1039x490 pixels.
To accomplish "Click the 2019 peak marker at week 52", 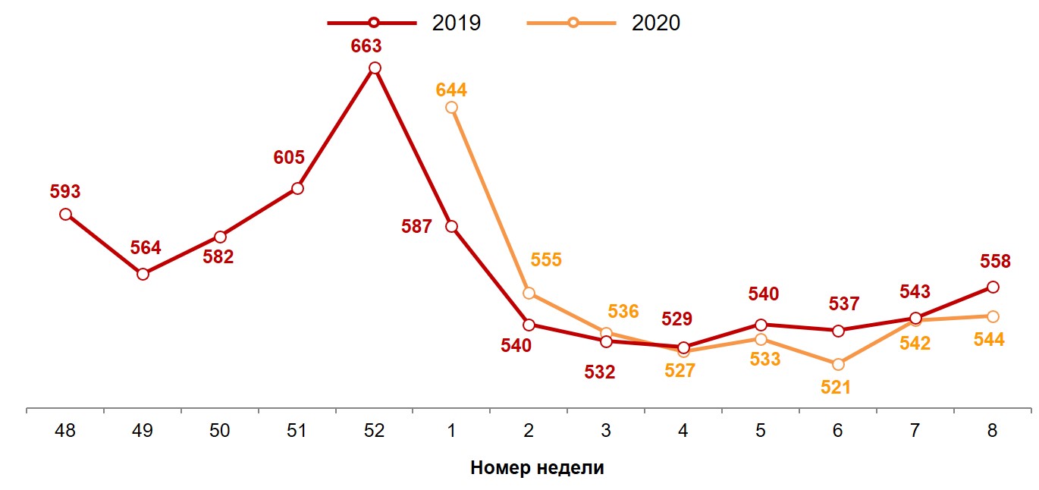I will pyautogui.click(x=374, y=68).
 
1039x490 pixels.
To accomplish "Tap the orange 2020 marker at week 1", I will pyautogui.click(x=451, y=108).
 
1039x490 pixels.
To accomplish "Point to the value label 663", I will pyautogui.click(x=366, y=46).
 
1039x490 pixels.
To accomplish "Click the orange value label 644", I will pyautogui.click(x=451, y=90).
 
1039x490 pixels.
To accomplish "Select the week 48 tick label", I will pyautogui.click(x=65, y=431).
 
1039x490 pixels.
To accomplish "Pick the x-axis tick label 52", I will pyautogui.click(x=374, y=431).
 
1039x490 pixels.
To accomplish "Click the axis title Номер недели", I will pyautogui.click(x=537, y=467).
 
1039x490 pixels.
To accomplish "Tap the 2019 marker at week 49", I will pyautogui.click(x=143, y=274).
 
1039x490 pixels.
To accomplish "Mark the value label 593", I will pyautogui.click(x=65, y=192).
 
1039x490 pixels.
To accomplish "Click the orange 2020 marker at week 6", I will pyautogui.click(x=838, y=364).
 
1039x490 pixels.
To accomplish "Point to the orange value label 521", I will pyautogui.click(x=835, y=387).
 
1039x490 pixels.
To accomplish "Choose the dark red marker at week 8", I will pyautogui.click(x=993, y=287).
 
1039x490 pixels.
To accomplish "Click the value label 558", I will pyautogui.click(x=995, y=262).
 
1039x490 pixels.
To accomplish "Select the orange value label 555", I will pyautogui.click(x=546, y=260).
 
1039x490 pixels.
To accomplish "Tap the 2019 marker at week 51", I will pyautogui.click(x=297, y=188).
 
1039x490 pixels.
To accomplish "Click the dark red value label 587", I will pyautogui.click(x=417, y=226).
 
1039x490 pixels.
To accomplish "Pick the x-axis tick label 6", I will pyautogui.click(x=838, y=431).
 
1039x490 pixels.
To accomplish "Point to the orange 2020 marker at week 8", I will pyautogui.click(x=993, y=316).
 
